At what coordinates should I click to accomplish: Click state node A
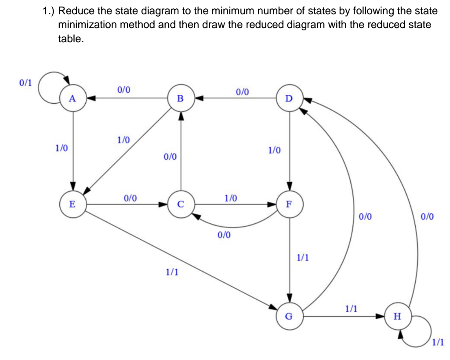[x=72, y=98]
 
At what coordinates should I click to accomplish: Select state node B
[x=180, y=98]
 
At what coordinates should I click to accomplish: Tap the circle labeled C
[x=180, y=204]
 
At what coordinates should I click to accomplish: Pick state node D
[x=289, y=98]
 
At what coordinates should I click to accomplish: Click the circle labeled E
[x=72, y=204]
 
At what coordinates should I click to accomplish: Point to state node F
[x=289, y=204]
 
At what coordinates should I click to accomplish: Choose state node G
[x=289, y=315]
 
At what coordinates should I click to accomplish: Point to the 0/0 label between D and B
[x=242, y=92]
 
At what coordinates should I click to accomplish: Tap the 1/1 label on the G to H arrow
[x=350, y=309]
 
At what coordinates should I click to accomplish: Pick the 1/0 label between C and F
[x=230, y=198]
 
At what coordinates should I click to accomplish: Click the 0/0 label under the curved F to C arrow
[x=224, y=235]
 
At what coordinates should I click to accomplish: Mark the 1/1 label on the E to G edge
[x=172, y=272]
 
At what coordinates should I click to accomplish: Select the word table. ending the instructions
[x=70, y=39]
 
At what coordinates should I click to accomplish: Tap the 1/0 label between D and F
[x=274, y=151]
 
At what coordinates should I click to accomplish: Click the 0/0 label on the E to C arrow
[x=130, y=198]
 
